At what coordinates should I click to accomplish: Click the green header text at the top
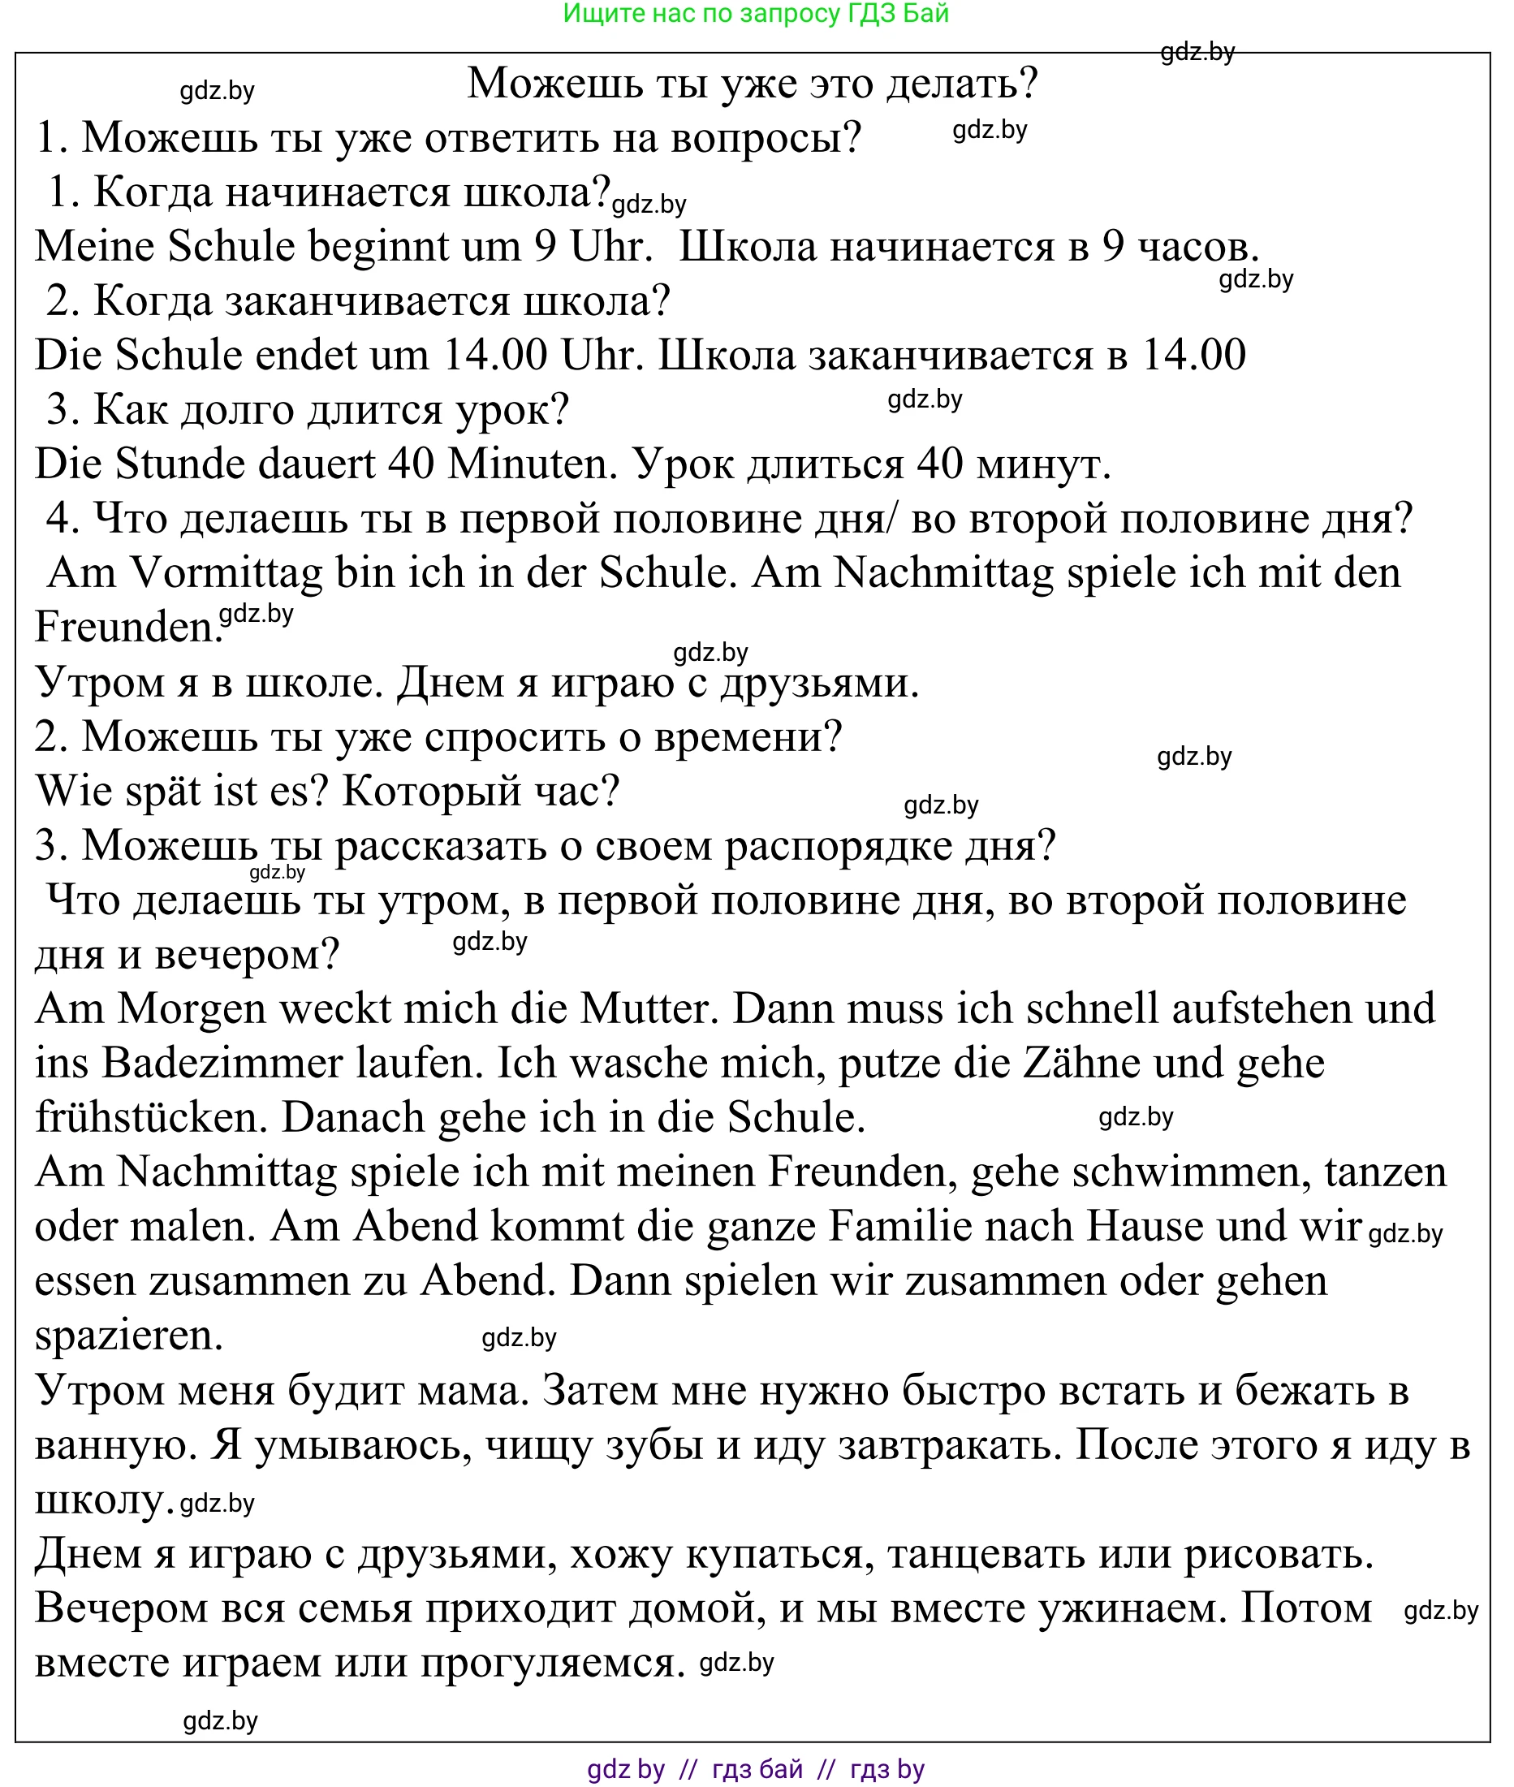tap(755, 14)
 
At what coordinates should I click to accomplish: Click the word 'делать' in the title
tap(961, 84)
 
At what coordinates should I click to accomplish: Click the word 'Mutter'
tap(649, 1009)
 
